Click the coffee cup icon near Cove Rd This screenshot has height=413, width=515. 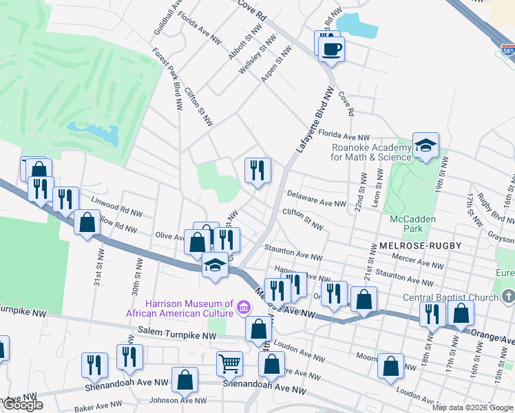(x=332, y=50)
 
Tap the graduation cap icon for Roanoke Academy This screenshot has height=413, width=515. (x=425, y=145)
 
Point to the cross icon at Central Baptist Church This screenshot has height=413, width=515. (x=508, y=297)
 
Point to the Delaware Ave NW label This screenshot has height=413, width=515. (x=316, y=200)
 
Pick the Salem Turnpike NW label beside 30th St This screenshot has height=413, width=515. (x=178, y=332)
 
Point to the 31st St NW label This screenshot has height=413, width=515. (x=98, y=273)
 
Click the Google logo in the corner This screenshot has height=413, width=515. (x=22, y=405)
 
